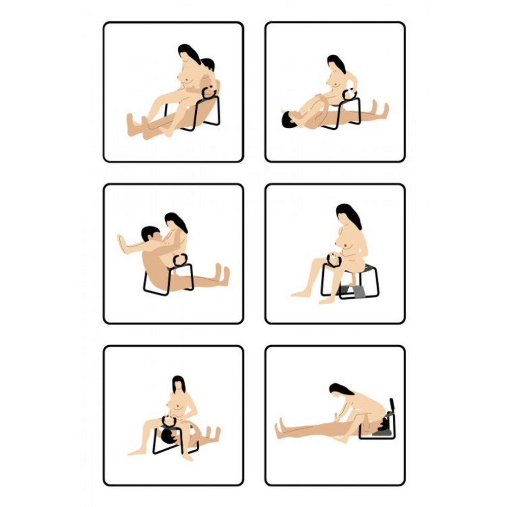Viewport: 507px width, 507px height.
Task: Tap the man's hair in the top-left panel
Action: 208,63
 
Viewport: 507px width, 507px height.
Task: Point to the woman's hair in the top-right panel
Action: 336,62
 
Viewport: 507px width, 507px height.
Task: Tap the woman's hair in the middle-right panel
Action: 350,214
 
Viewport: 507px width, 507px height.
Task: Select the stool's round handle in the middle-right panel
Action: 334,260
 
